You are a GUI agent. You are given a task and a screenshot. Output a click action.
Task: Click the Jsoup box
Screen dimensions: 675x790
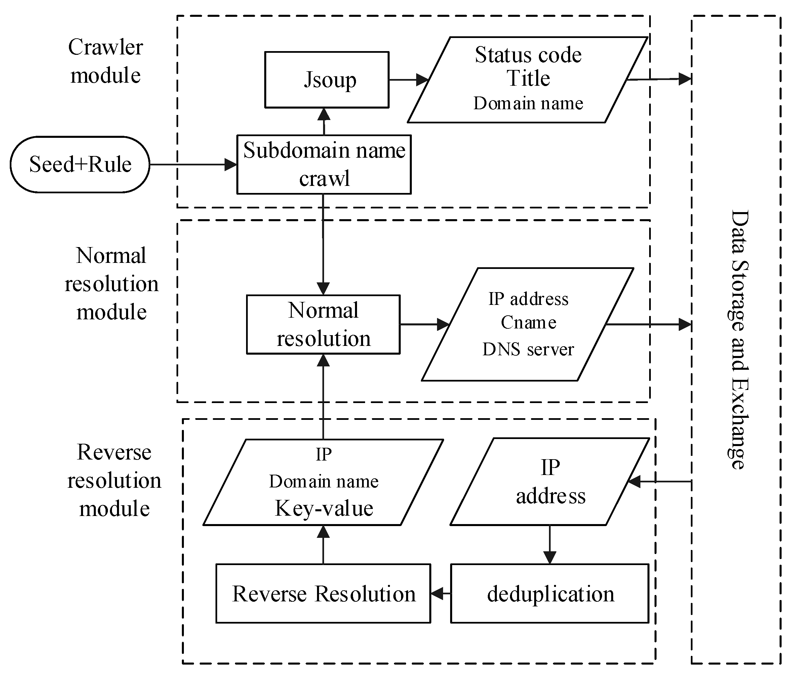click(x=327, y=80)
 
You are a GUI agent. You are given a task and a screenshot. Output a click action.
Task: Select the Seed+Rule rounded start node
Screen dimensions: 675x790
click(x=80, y=165)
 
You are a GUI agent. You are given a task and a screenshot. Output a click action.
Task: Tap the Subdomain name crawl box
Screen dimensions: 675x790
click(x=324, y=164)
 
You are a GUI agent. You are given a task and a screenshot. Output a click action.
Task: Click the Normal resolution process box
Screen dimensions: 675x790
click(x=323, y=324)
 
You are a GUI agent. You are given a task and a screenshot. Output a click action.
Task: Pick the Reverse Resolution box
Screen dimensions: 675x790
click(x=323, y=594)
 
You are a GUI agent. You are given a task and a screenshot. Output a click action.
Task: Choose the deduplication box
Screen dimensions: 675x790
click(x=549, y=594)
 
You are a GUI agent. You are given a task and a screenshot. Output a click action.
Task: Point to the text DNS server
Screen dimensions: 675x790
click(x=528, y=349)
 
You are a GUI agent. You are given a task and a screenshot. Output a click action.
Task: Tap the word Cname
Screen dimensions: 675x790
click(x=528, y=323)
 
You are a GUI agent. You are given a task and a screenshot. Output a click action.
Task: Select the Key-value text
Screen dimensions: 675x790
click(x=324, y=508)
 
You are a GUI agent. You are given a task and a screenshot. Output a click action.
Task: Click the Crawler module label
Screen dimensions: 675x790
click(x=106, y=61)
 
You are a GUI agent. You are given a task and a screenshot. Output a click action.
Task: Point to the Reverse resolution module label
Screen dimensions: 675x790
click(x=114, y=480)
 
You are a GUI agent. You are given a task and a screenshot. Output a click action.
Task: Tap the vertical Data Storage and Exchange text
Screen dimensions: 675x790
click(x=739, y=340)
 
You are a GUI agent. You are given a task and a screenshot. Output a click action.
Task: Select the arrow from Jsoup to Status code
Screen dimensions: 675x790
click(x=408, y=80)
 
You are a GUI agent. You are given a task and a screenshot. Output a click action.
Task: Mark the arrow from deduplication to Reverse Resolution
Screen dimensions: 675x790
click(x=441, y=593)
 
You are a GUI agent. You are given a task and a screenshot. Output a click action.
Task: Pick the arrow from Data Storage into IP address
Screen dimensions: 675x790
click(x=660, y=482)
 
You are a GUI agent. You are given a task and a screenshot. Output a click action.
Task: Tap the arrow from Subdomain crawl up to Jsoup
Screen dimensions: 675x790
click(x=324, y=121)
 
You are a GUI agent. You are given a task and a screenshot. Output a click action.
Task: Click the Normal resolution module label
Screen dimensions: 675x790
click(x=111, y=284)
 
